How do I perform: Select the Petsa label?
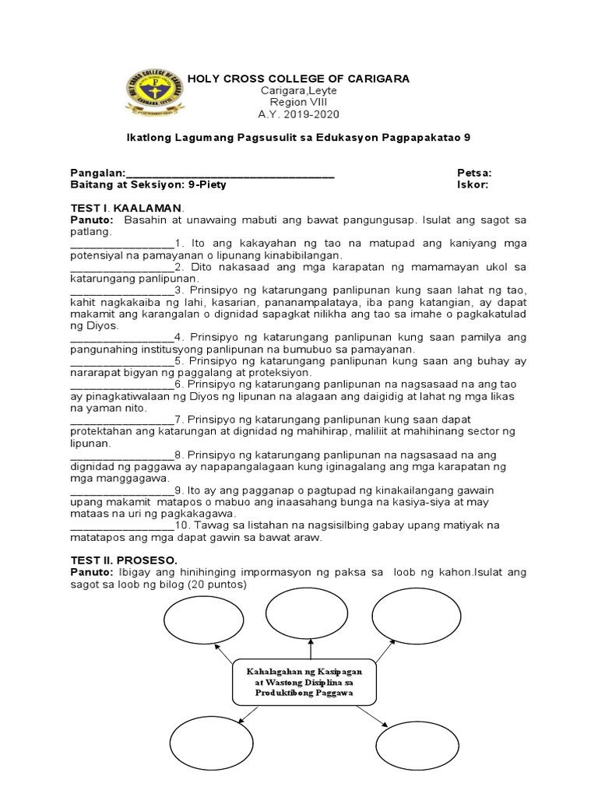(x=473, y=173)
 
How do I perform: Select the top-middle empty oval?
(x=310, y=611)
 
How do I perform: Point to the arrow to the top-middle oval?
(x=311, y=648)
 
